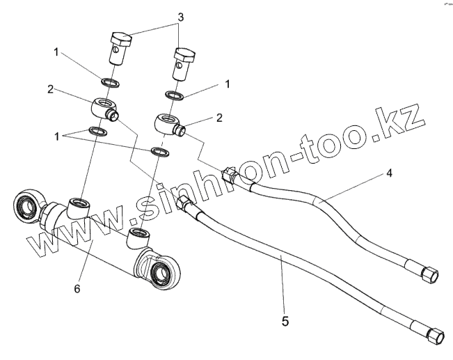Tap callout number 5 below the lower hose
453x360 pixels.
click(286, 321)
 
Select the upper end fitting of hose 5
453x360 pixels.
click(184, 203)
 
